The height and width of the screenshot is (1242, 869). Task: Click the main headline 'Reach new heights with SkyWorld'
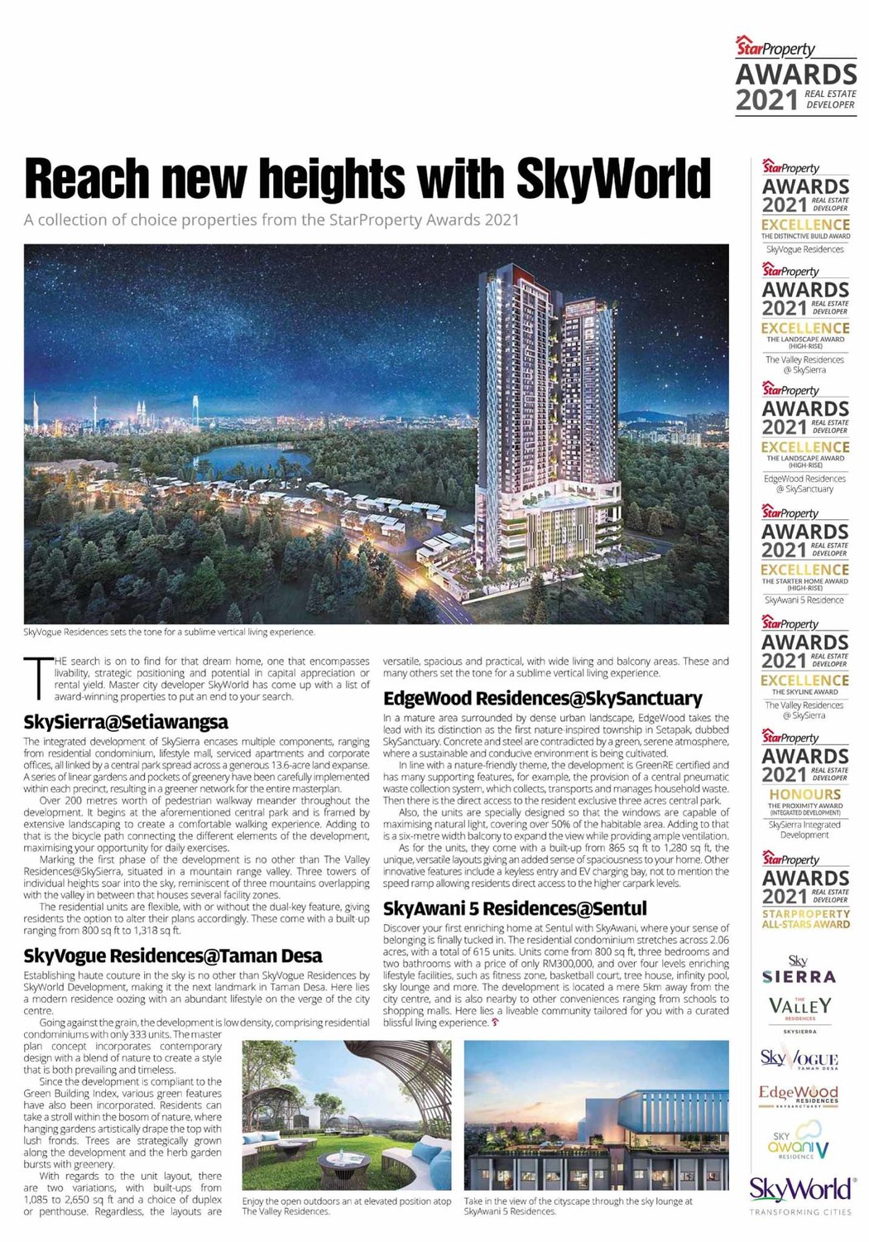367,177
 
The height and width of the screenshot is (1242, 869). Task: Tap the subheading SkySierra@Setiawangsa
126,722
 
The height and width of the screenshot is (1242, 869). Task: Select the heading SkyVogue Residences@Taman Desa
173,956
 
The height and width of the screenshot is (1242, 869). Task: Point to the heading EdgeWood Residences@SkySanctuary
542,698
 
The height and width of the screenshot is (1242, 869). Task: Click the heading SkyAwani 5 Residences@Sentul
515,908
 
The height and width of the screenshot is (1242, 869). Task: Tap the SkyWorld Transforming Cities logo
800,1193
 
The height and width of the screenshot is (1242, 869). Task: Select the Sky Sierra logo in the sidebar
799,970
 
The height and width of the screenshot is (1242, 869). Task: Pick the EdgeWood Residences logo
799,1095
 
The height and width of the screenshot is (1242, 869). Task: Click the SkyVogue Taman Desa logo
799,1059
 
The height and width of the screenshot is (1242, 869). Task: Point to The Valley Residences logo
799,1010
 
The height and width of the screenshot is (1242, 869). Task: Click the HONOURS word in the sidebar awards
805,794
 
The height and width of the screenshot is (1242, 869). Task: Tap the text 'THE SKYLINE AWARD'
805,691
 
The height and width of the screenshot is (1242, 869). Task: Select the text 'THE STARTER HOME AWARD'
805,581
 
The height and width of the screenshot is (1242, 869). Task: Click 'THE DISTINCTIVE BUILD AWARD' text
805,236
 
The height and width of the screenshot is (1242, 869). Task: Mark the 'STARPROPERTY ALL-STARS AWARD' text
805,918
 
